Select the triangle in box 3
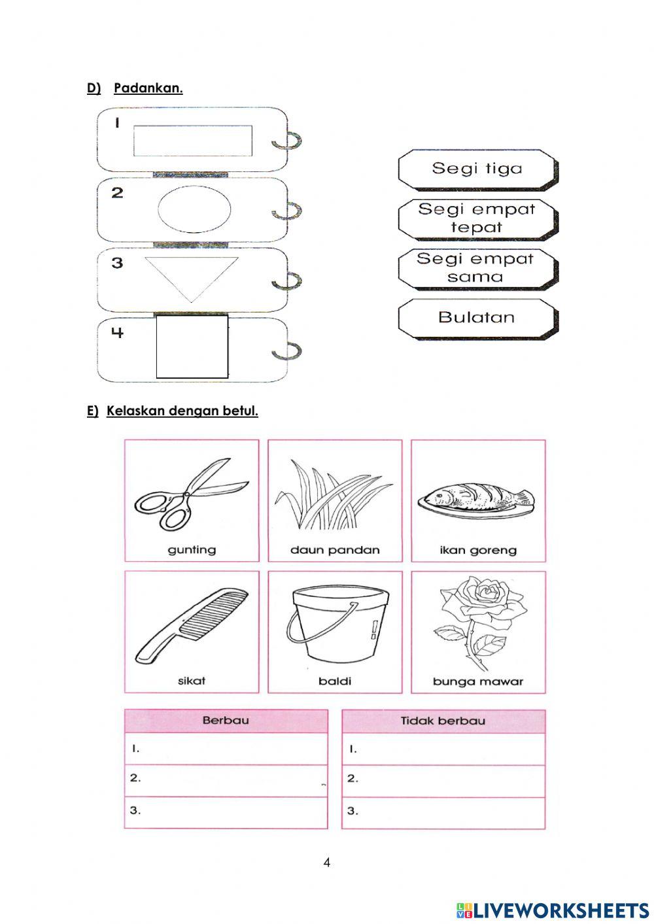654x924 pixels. click(x=191, y=275)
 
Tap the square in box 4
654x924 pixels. click(x=192, y=347)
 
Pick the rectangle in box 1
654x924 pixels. click(x=193, y=141)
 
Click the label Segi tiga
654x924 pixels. click(x=477, y=169)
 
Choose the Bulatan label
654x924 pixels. click(x=477, y=318)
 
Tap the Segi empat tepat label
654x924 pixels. click(x=477, y=218)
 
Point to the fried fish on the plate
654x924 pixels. click(x=476, y=500)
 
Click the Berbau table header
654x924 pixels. click(x=226, y=721)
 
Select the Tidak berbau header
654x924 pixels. click(x=443, y=721)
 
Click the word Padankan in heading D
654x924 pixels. click(x=148, y=88)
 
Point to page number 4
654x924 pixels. click(x=327, y=863)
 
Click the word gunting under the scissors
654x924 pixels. click(x=192, y=550)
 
